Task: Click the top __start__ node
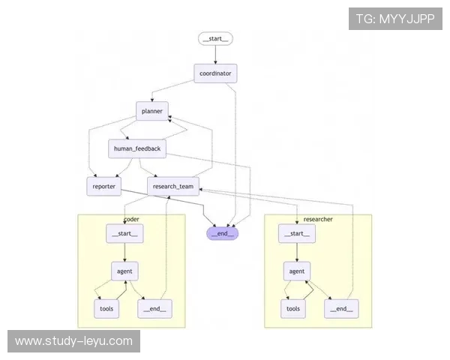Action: click(216, 38)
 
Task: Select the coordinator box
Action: click(216, 73)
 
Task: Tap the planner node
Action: click(152, 111)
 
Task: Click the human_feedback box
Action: click(136, 148)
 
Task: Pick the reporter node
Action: click(104, 186)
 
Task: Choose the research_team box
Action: click(172, 186)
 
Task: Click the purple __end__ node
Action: click(223, 233)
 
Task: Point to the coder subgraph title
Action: click(131, 219)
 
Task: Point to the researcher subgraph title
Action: click(318, 219)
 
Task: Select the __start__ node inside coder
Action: click(125, 233)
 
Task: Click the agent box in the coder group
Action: click(125, 271)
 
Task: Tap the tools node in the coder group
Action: click(106, 307)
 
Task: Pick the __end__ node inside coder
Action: click(154, 307)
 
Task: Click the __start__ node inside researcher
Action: click(297, 234)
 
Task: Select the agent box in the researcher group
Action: click(297, 271)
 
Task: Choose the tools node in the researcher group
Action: click(294, 308)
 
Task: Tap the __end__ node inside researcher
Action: click(341, 308)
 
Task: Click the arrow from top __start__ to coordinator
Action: click(216, 55)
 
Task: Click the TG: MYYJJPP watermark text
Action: click(396, 19)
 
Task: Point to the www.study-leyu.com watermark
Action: click(73, 341)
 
